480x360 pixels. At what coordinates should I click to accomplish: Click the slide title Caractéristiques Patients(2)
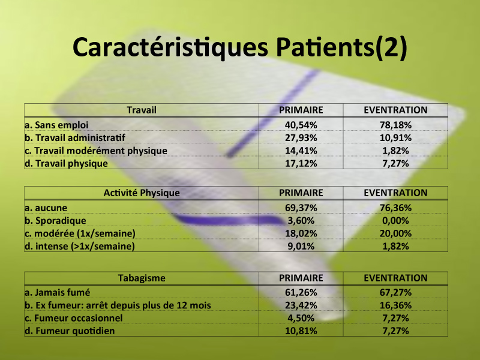(x=239, y=47)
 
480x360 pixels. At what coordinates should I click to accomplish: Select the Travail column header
(x=142, y=110)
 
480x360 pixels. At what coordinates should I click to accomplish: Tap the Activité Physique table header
(x=142, y=193)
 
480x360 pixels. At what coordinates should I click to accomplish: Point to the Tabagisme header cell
(x=142, y=278)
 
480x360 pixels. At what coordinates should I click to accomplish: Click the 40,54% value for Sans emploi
(x=301, y=125)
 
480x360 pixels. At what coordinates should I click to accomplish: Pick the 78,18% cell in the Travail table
(x=395, y=125)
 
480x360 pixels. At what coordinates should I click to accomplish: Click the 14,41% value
(x=301, y=151)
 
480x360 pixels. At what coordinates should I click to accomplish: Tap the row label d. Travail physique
(x=66, y=163)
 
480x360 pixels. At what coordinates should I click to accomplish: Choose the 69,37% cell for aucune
(x=301, y=208)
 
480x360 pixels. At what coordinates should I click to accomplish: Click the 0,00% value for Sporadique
(x=395, y=221)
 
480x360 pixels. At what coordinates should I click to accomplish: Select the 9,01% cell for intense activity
(x=301, y=247)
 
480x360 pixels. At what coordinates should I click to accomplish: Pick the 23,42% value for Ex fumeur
(x=301, y=305)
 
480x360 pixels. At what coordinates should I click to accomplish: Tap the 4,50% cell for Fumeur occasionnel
(x=301, y=318)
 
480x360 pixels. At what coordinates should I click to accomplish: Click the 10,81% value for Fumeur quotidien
(x=301, y=331)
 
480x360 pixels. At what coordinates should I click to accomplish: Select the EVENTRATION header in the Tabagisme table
(x=395, y=278)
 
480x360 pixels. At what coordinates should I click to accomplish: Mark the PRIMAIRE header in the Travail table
(x=301, y=110)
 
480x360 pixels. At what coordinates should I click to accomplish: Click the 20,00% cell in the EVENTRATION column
(x=395, y=233)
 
